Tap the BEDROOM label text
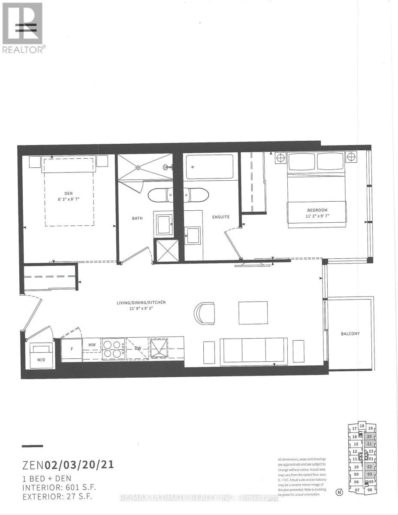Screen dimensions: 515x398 tap(317, 210)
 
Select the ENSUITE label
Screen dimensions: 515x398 tap(221, 217)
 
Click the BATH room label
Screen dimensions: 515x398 tap(137, 218)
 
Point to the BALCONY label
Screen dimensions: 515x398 tap(350, 333)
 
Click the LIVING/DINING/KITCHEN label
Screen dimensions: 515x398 tap(141, 303)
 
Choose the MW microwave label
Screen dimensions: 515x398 tap(92, 344)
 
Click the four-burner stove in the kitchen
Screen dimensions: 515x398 tap(113, 348)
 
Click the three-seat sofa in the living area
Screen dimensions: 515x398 tap(253, 350)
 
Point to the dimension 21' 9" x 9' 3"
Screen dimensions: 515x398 tap(141, 309)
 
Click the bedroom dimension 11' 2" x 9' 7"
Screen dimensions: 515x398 tap(317, 216)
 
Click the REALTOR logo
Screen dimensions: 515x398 tap(23, 28)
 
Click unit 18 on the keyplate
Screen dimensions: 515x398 tap(362, 426)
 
